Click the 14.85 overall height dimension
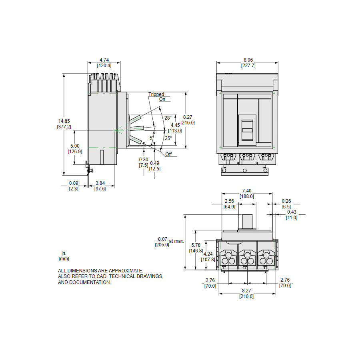(x=64, y=121)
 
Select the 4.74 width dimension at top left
(x=104, y=60)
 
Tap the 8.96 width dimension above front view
(x=248, y=60)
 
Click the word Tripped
(x=156, y=94)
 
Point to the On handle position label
(x=162, y=99)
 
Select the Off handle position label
(x=168, y=154)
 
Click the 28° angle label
(x=168, y=118)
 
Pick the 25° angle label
(x=168, y=138)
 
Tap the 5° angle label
(x=151, y=138)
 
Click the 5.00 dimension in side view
(x=75, y=146)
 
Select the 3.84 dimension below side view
(x=100, y=183)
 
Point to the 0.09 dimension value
(x=73, y=183)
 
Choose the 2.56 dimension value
(x=229, y=201)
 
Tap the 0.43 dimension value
(x=292, y=212)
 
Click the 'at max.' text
(x=177, y=241)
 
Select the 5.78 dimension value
(x=195, y=245)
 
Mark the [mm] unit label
(x=64, y=259)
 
